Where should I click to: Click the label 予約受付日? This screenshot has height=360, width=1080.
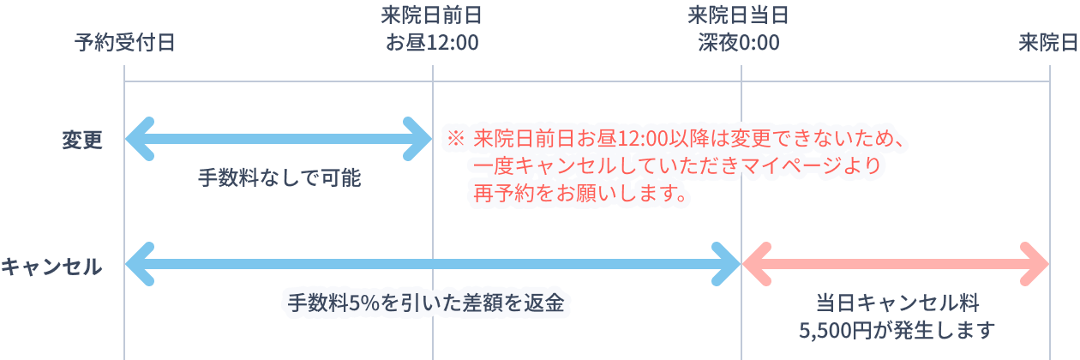[124, 42]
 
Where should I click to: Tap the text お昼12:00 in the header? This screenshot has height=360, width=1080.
[432, 42]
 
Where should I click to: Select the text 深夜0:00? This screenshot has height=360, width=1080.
[738, 42]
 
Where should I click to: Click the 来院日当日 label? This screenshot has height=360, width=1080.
[738, 15]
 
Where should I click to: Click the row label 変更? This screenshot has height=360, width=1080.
[82, 140]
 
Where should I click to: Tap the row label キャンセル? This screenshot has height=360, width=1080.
[51, 267]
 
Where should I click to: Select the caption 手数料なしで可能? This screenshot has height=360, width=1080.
[279, 177]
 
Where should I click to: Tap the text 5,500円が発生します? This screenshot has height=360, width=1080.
[897, 329]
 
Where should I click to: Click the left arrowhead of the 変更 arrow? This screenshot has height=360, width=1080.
[137, 137]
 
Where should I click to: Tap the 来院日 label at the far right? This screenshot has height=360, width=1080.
[1048, 42]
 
